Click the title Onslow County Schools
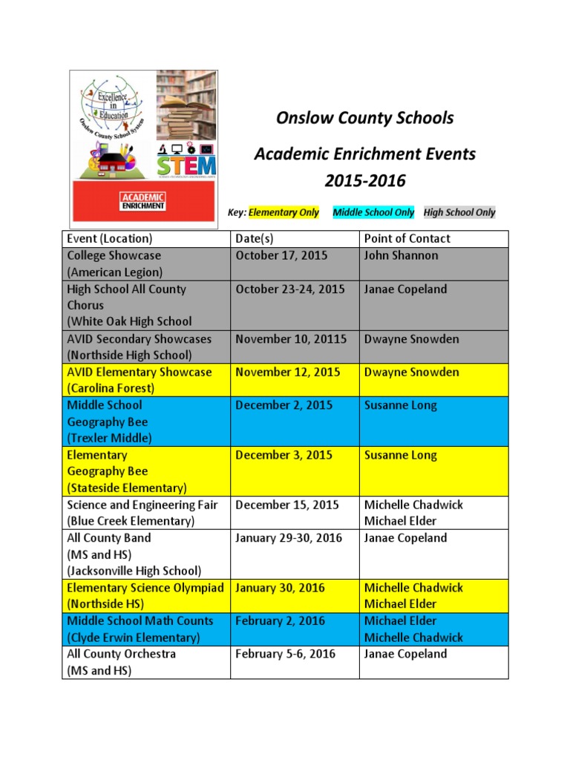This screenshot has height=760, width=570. click(364, 118)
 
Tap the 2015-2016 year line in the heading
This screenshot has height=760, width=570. click(364, 181)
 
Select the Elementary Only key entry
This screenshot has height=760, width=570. click(284, 213)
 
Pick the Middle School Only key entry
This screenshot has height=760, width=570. click(373, 213)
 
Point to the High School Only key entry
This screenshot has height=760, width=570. click(459, 213)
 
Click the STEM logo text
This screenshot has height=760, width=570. click(186, 163)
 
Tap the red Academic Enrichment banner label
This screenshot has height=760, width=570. click(143, 201)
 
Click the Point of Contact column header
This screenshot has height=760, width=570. click(407, 238)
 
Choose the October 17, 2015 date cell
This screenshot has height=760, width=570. click(281, 255)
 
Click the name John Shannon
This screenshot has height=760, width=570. click(401, 255)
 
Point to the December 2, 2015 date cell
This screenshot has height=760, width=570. click(284, 405)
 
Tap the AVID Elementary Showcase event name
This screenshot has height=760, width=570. click(139, 373)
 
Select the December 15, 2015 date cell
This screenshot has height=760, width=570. click(286, 505)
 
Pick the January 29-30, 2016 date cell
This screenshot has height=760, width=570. click(289, 538)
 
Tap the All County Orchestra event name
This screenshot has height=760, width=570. click(121, 654)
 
